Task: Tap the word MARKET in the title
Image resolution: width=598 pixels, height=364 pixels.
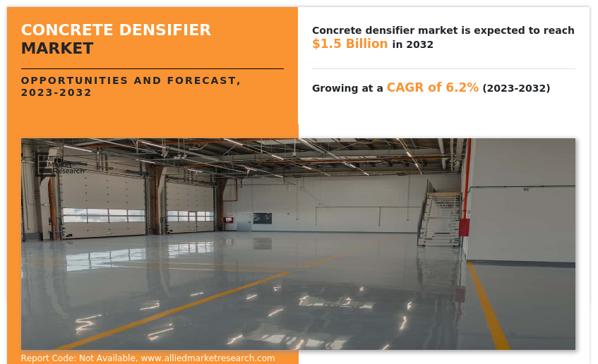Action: click(57, 49)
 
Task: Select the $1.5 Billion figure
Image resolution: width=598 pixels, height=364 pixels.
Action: click(349, 44)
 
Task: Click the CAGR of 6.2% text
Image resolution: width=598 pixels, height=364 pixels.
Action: click(433, 87)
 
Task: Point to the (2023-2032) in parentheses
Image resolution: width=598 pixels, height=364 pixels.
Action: click(516, 88)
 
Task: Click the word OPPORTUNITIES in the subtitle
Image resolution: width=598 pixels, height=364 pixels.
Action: click(74, 80)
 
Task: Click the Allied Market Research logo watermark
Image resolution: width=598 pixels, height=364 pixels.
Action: click(60, 164)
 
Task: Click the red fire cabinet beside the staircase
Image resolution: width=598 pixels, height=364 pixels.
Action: click(464, 227)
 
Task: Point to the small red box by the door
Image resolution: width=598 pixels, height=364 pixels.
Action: click(229, 220)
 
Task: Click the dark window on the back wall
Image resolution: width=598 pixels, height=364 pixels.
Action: click(263, 219)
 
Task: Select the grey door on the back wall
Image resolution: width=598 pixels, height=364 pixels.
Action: click(244, 222)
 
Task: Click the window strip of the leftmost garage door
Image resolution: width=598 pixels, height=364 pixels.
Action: click(104, 215)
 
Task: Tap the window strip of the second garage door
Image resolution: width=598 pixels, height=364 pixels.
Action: click(191, 216)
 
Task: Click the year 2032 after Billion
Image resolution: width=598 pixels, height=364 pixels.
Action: click(419, 44)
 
